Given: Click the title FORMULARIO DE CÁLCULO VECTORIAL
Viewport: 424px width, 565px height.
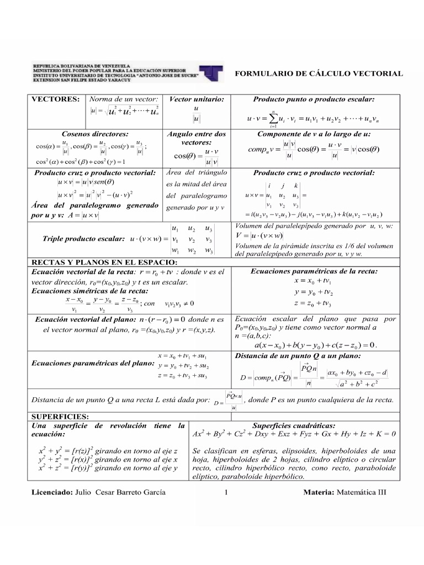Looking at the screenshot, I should coord(319,73).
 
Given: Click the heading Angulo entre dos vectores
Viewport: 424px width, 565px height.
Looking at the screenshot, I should coord(196,138).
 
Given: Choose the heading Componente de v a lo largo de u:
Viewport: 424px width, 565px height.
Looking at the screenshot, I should coord(314,134).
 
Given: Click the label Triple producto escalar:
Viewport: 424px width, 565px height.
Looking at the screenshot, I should coord(83,239).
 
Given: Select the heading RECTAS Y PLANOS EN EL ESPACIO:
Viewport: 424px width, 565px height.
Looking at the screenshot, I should coord(96,262).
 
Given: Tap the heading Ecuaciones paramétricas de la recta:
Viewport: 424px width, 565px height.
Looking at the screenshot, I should coord(314,271).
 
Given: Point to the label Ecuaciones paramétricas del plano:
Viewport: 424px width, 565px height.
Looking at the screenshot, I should coord(93,364).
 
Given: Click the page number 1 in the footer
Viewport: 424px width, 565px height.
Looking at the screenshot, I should coord(227,492).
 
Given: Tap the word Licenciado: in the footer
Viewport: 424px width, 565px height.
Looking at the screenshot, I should coord(51,492).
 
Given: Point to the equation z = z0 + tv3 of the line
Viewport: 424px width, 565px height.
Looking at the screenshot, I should coord(312,303).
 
